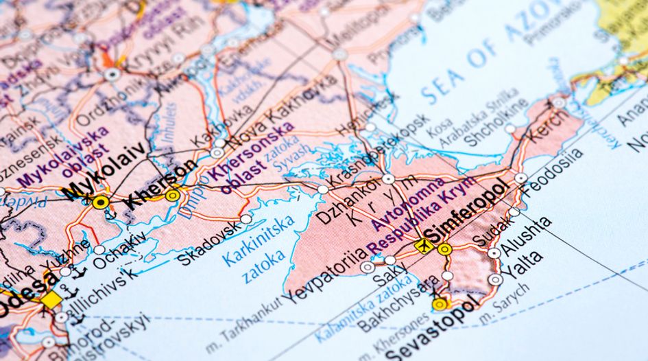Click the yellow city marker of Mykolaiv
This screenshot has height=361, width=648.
(101, 202)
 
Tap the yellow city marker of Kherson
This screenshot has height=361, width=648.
(173, 196)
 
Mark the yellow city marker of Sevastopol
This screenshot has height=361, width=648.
(440, 303)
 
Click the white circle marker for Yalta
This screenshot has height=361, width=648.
(494, 280)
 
